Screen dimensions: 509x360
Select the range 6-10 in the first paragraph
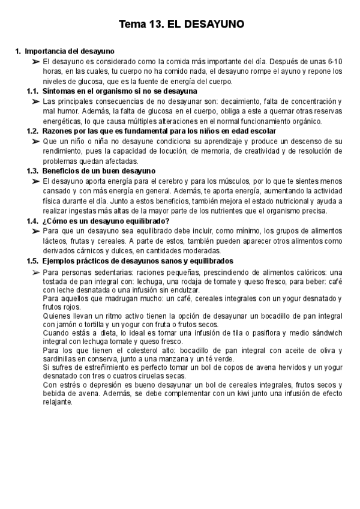(335, 61)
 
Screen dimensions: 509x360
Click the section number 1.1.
(33, 91)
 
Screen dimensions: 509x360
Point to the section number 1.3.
(33, 171)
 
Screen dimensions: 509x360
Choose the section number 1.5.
(33, 261)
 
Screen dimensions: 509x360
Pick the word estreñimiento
(90, 367)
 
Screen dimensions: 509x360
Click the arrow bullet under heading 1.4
(35, 231)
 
